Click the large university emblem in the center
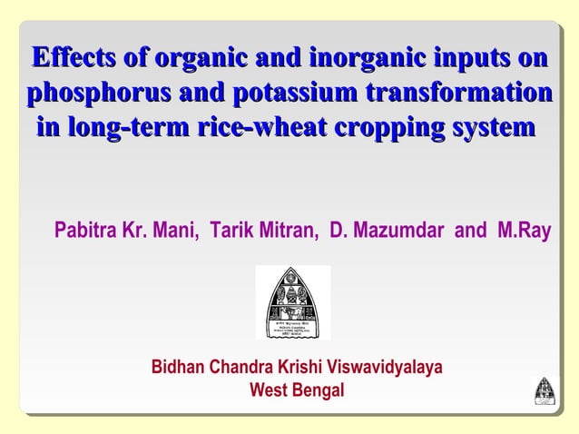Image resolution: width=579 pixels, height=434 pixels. (x=292, y=301)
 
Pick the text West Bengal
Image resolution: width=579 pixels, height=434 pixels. (x=297, y=390)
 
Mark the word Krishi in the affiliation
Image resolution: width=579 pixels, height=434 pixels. (x=287, y=368)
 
